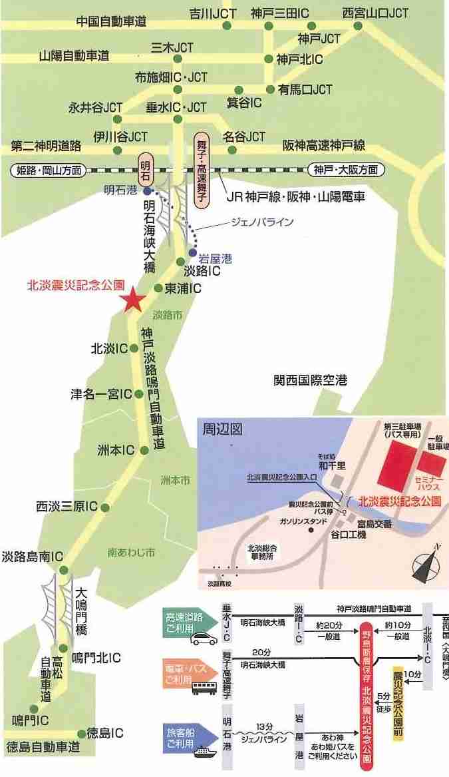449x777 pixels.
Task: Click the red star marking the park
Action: click(132, 300)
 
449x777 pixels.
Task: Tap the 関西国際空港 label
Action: click(310, 381)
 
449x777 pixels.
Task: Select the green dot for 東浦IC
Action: click(158, 288)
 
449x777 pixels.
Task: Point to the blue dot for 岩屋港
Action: click(193, 253)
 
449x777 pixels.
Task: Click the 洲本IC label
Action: click(116, 450)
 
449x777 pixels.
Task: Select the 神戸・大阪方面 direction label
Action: click(347, 170)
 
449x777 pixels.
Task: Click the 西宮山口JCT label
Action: click(375, 13)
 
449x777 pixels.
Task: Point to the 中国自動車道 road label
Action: click(111, 21)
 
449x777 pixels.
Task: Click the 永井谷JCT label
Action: click(96, 107)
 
